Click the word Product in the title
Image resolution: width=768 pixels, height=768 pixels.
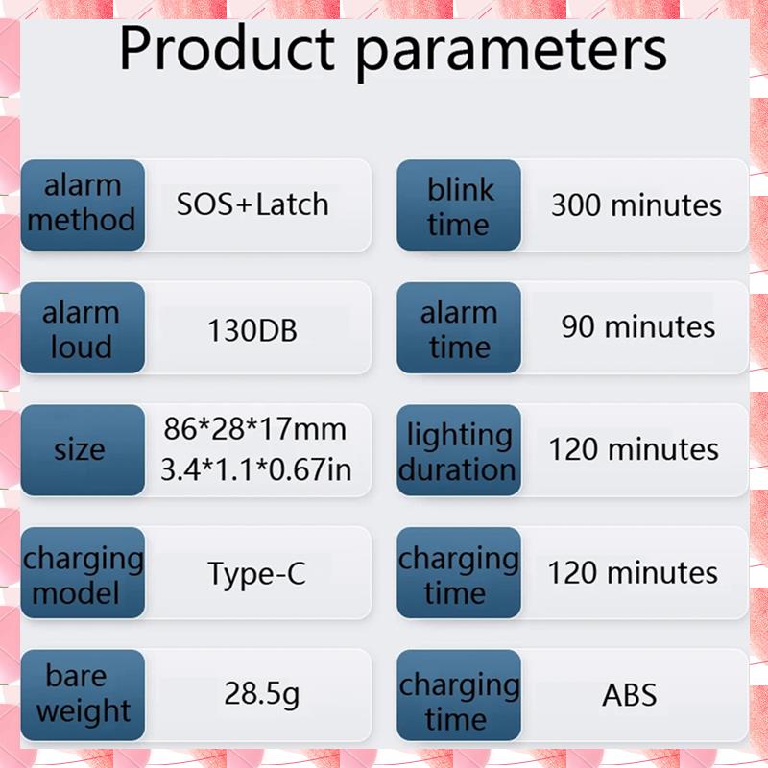227,49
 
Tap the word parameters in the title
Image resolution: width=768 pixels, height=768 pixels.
512,53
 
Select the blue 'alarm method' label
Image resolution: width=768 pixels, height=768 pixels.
83,204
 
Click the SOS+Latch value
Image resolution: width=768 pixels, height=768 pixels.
252,204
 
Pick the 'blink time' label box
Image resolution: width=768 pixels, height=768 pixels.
459,204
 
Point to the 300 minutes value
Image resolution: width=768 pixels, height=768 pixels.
636,204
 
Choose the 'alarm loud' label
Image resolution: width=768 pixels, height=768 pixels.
83,327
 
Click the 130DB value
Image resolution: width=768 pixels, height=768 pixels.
252,330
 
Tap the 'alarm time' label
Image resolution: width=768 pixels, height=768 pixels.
459,327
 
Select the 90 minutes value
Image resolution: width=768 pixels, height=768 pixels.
638,326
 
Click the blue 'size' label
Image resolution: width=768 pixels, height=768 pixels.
83,449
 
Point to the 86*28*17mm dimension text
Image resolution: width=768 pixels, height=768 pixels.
255,429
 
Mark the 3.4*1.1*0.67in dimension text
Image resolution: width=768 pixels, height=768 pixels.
256,469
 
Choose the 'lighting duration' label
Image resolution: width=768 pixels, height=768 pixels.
459,449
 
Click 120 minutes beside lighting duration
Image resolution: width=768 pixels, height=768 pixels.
634,449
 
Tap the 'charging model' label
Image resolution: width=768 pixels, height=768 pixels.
83,572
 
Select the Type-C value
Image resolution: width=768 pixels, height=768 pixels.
256,574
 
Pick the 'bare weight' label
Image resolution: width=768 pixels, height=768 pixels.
83,694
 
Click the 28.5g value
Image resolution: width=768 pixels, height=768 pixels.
261,694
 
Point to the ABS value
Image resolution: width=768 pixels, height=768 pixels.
630,694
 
